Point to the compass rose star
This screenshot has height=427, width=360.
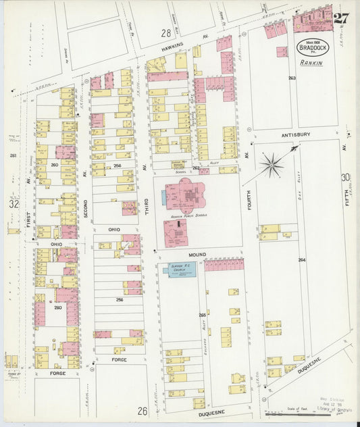click(x=272, y=163)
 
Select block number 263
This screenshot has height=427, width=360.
click(x=292, y=78)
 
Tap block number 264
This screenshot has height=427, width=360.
click(x=301, y=259)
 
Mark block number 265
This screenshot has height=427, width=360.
click(x=203, y=316)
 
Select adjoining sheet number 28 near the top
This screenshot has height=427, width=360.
click(x=165, y=32)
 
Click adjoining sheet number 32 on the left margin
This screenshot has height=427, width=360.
click(x=13, y=203)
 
